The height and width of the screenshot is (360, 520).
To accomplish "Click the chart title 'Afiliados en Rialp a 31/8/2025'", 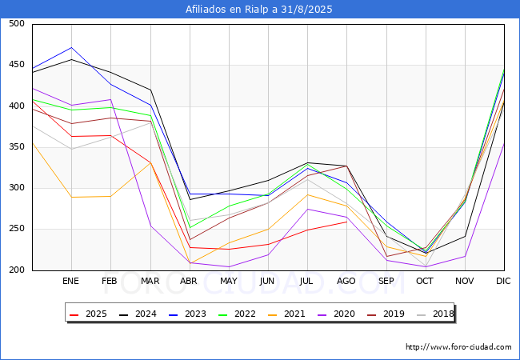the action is pos(258,10).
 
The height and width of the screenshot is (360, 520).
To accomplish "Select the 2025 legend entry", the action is pos(89,314).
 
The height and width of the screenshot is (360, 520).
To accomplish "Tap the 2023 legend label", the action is pos(195,314).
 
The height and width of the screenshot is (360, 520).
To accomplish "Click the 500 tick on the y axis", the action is pos(17,23).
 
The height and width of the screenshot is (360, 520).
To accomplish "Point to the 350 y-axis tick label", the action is pos(17,147).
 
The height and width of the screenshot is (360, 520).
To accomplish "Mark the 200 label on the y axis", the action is pos(17,270).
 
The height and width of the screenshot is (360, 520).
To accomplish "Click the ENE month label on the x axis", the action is pos(70,281).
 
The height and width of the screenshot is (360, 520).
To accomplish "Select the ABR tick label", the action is pos(189,281).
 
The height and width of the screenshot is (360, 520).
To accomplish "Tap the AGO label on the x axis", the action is pos(346,281).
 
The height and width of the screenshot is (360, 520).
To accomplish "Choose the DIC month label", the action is pos(503,281).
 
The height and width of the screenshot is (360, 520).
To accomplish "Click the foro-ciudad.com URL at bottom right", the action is pos(458,347).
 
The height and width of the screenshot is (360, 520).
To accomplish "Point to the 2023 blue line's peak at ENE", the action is pos(72,48).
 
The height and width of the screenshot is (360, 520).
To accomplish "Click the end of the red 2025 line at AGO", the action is pos(347,222).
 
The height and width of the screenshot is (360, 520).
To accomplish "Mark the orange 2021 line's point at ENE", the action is pos(72,198).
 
